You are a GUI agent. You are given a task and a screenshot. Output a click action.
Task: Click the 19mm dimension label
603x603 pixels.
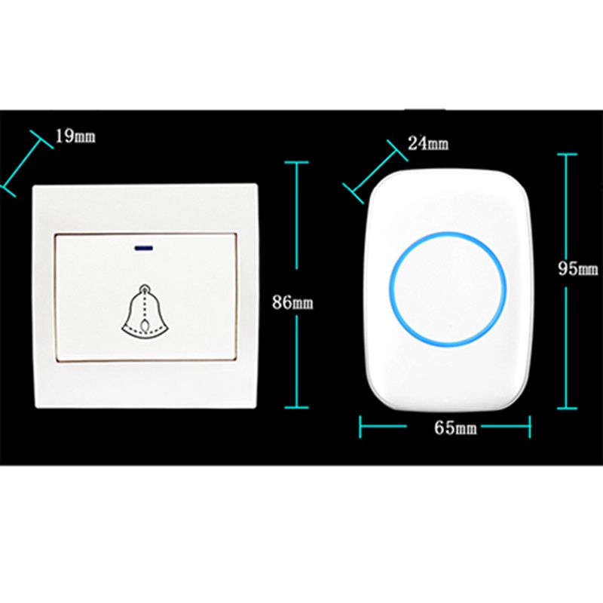tap(75, 136)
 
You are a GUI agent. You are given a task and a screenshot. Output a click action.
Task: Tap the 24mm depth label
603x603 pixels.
tap(427, 142)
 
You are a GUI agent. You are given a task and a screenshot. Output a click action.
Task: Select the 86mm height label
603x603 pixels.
tap(293, 303)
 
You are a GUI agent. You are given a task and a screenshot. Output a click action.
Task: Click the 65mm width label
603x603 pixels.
tap(455, 427)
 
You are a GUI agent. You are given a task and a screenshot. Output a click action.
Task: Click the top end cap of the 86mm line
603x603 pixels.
tap(296, 161)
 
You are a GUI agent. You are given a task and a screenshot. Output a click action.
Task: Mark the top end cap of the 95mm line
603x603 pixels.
tap(567, 154)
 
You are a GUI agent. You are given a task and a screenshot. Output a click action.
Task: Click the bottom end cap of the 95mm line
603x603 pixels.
tap(567, 409)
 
